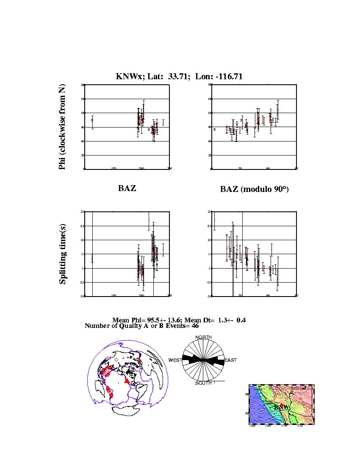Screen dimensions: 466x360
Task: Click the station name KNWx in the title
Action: tap(127, 77)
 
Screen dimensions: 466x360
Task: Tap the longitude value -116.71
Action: tap(228, 77)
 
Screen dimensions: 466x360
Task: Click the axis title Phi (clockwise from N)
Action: tap(62, 127)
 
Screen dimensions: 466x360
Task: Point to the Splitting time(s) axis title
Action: tap(62, 254)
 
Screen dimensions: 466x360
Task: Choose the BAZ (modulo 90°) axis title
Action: tap(254, 189)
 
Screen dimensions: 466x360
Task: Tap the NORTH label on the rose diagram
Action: tap(203, 337)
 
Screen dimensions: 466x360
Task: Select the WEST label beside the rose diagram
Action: tap(175, 360)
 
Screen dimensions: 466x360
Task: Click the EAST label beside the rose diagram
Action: tap(230, 360)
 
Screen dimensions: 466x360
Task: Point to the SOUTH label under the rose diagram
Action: tap(203, 383)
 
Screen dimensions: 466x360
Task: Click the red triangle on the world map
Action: tap(127, 381)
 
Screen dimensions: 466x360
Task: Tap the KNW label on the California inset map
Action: tap(283, 407)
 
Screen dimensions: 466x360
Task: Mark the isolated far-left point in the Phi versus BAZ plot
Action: tap(92, 120)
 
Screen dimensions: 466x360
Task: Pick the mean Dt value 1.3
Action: tap(221, 320)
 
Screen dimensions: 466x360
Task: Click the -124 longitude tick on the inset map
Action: tap(253, 425)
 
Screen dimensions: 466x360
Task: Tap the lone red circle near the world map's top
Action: tap(116, 360)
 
